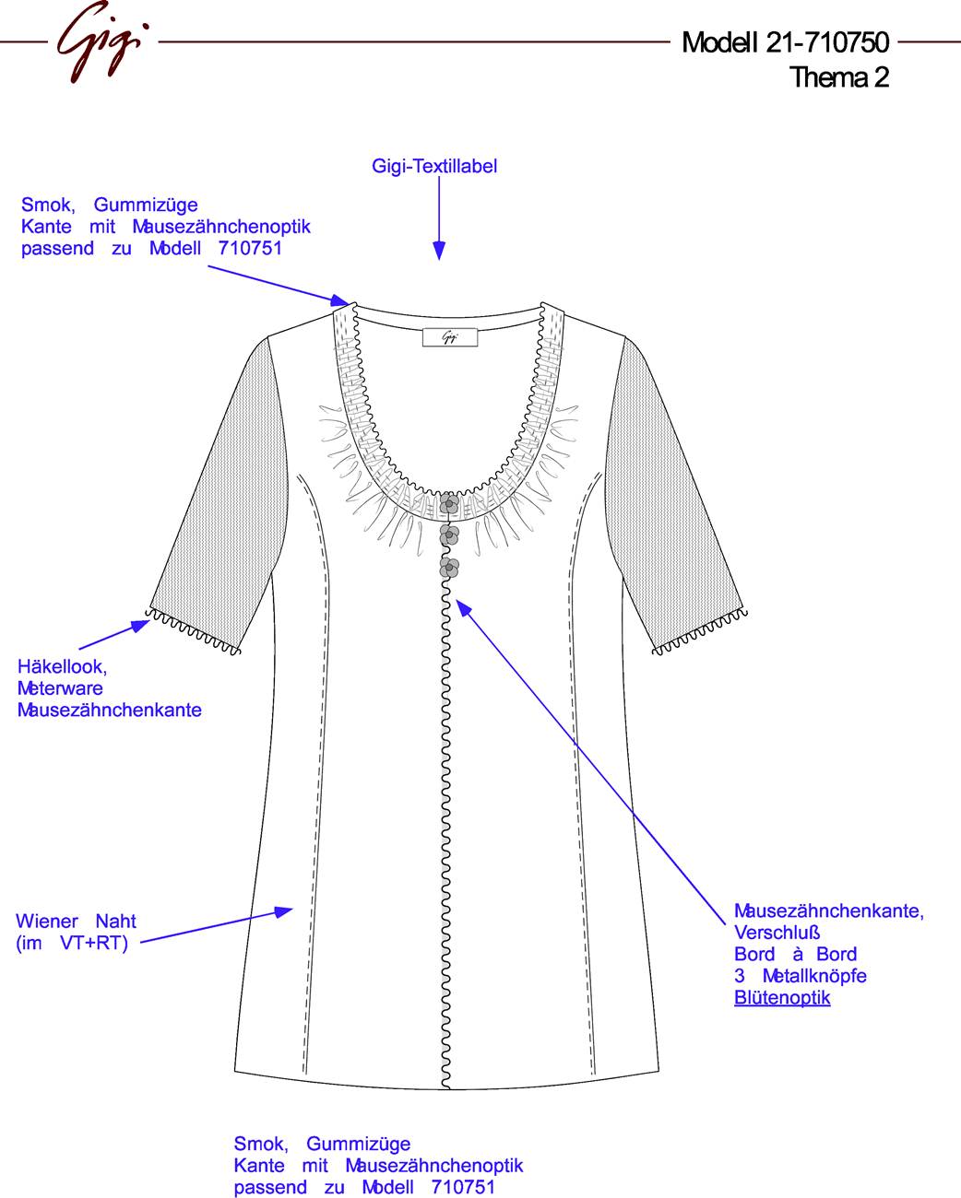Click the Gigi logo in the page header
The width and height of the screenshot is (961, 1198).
(103, 41)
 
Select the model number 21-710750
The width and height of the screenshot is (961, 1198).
(827, 42)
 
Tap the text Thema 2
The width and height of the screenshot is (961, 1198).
(839, 76)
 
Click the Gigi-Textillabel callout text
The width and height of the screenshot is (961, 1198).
(434, 166)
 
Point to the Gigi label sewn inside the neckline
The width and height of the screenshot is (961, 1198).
(450, 337)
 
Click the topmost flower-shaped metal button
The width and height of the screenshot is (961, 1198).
(449, 504)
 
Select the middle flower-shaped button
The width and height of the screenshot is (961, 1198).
(449, 535)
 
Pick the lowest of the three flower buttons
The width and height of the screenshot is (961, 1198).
(449, 568)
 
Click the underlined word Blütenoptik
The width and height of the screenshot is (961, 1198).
(782, 998)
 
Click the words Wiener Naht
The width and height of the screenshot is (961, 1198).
(76, 922)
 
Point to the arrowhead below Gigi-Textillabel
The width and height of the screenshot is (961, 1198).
(439, 251)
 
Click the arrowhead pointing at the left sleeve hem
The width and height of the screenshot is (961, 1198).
(140, 626)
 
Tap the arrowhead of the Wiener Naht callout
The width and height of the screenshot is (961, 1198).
(283, 912)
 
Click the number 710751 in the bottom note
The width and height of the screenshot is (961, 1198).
(463, 1187)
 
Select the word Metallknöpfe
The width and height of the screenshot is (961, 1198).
(814, 976)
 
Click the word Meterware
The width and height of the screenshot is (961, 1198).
(60, 688)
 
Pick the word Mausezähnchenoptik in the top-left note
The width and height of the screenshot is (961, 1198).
(221, 227)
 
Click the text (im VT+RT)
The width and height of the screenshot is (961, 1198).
(73, 943)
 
